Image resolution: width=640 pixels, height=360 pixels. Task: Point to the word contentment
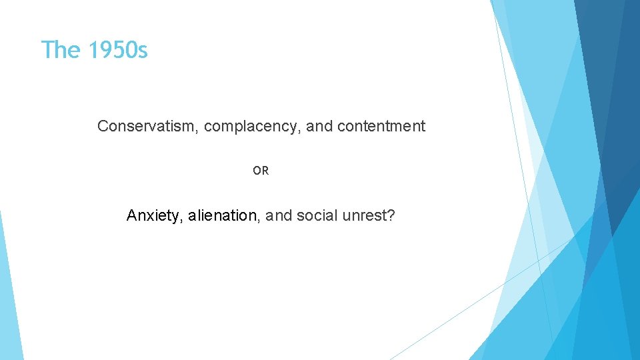[381, 126]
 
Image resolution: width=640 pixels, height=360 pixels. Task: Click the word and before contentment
[320, 126]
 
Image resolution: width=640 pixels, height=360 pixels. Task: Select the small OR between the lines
[261, 171]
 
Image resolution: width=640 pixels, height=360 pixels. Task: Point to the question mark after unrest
[391, 216]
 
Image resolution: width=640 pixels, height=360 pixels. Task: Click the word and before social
[279, 216]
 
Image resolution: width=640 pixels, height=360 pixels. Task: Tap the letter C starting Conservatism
[103, 126]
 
